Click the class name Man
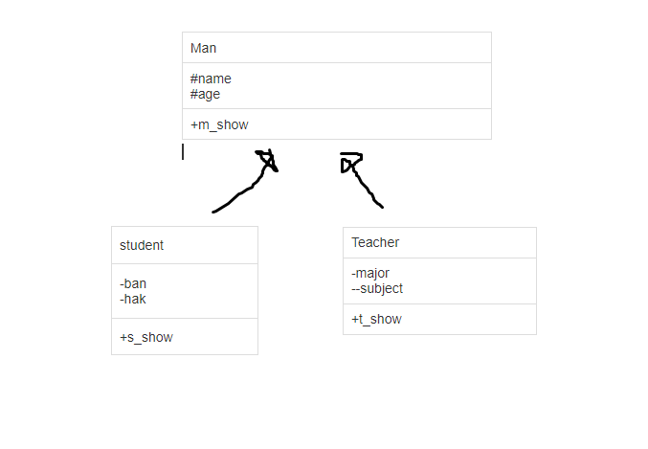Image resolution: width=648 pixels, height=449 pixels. click(x=203, y=48)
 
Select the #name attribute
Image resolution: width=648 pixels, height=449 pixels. click(x=211, y=79)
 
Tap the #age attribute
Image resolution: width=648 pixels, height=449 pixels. click(x=205, y=94)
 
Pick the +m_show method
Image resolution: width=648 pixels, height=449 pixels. click(x=219, y=124)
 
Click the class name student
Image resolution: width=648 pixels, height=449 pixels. click(x=142, y=245)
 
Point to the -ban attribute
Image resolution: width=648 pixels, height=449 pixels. click(x=133, y=283)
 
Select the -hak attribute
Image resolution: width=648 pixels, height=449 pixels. click(x=133, y=299)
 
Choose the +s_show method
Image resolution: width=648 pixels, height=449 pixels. click(x=146, y=337)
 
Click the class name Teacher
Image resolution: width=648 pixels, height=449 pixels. click(x=375, y=242)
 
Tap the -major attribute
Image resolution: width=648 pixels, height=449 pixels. click(x=370, y=273)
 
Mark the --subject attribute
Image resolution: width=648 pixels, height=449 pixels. click(x=377, y=288)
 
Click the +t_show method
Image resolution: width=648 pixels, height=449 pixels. click(x=376, y=319)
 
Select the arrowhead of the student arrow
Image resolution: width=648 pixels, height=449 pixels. click(x=267, y=160)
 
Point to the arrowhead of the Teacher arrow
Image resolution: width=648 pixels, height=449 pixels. click(x=349, y=163)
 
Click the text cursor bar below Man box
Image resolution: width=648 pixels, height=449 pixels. click(x=183, y=151)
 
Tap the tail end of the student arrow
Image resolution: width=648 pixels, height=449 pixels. click(x=214, y=211)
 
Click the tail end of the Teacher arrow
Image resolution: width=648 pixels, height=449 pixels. click(x=381, y=205)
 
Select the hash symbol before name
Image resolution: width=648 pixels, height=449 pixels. click(x=194, y=79)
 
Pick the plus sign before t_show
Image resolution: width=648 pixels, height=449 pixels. click(x=355, y=319)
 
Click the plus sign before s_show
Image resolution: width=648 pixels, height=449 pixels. click(x=123, y=337)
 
